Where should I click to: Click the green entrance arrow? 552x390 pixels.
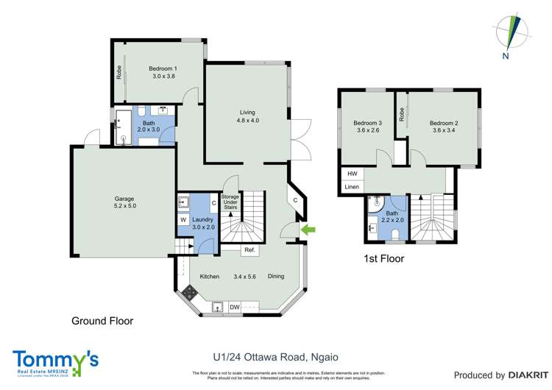[311, 230]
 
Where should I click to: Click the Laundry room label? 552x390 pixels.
[202, 222]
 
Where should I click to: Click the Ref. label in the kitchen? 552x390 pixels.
[250, 250]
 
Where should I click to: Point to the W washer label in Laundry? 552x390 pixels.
[183, 219]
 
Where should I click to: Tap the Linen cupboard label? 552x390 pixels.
[352, 188]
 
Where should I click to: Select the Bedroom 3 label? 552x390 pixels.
[367, 127]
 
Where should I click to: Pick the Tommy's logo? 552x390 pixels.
[56, 361]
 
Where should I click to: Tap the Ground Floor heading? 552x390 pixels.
[102, 321]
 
